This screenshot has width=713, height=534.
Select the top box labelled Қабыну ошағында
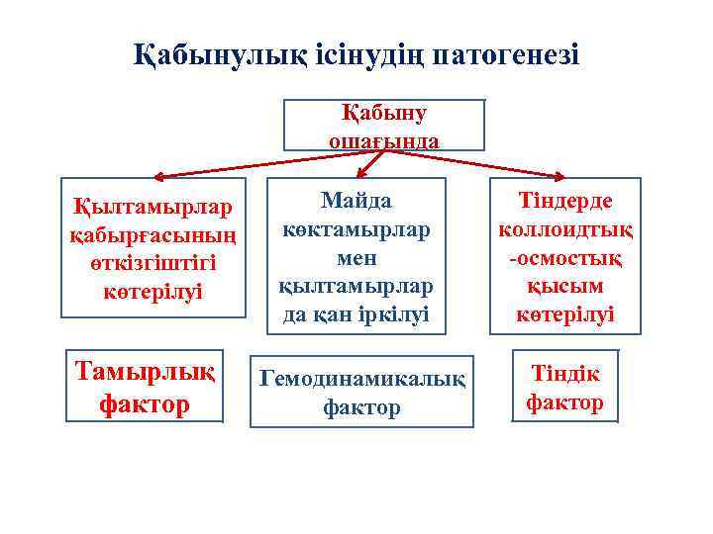384,126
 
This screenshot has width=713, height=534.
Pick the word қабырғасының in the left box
153,237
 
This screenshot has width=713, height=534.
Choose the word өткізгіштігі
153,265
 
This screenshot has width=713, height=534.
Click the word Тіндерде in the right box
565,201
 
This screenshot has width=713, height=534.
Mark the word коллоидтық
565,229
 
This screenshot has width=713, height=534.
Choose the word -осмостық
565,257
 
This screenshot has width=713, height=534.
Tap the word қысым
565,286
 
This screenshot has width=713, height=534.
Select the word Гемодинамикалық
361,379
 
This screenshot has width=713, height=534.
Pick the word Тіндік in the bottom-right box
564,374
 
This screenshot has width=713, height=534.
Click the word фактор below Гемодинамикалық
361,406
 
